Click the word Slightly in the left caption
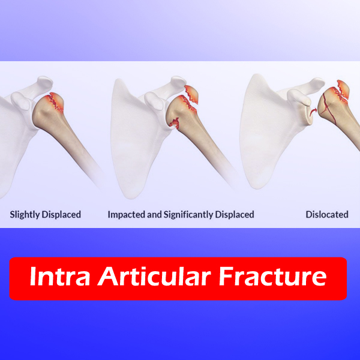(x=25, y=215)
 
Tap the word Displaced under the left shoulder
(x=61, y=214)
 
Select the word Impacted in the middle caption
(x=126, y=215)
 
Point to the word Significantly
(x=188, y=215)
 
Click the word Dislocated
(x=327, y=214)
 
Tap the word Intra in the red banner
(x=59, y=276)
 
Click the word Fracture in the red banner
(x=272, y=276)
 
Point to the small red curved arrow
(x=313, y=112)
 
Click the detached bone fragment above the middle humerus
(x=191, y=94)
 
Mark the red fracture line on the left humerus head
(x=55, y=102)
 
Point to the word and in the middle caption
(x=154, y=214)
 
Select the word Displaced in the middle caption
(x=235, y=214)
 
